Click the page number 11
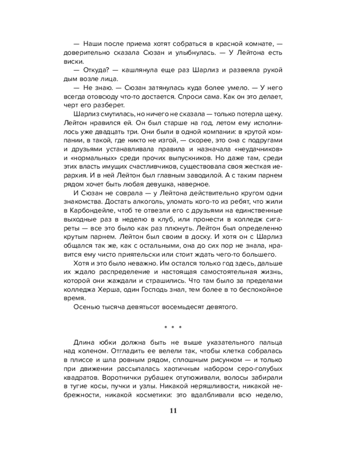click(173, 410)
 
